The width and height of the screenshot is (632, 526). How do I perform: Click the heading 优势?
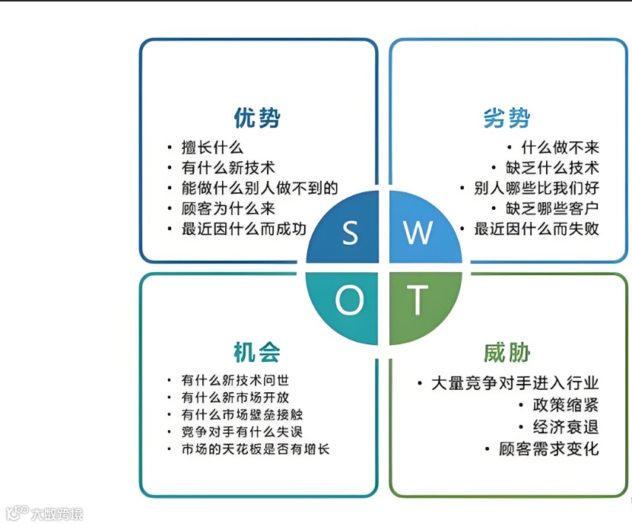coord(257,119)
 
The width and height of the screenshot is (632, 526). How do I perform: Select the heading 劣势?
coord(507,119)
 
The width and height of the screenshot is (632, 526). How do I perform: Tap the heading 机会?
coord(257,353)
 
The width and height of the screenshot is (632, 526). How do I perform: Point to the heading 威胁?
coord(507,353)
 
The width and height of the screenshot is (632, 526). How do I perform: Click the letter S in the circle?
coord(350,233)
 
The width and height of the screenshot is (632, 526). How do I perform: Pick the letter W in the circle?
coord(418,233)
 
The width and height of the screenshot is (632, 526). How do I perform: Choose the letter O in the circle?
coord(350,302)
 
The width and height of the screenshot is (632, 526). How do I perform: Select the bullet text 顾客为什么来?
coord(227,208)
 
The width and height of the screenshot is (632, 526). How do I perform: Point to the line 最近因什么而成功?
coord(243,229)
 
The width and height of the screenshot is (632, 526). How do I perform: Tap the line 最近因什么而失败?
coord(536,229)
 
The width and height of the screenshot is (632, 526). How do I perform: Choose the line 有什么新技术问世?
coord(235,380)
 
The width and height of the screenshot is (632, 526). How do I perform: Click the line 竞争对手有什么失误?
coord(243,432)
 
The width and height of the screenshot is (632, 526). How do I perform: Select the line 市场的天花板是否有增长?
coord(255,449)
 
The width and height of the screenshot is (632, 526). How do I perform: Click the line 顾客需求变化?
coord(548,448)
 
